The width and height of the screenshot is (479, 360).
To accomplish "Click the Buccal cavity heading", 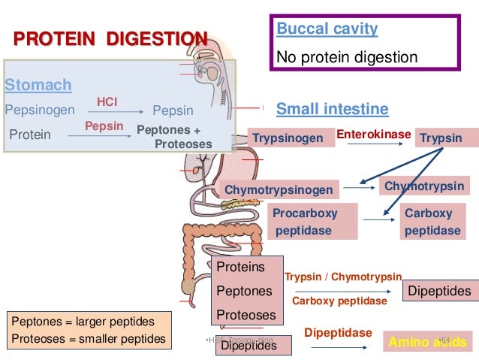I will point(327,30).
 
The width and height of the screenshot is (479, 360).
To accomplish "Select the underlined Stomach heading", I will point(38,84).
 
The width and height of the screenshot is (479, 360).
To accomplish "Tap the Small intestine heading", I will point(332,110).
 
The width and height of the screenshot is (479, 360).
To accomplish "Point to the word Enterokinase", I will point(373,135).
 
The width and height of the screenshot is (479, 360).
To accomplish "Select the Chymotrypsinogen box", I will point(279,190).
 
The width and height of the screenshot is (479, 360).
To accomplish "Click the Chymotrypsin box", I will point(424,186).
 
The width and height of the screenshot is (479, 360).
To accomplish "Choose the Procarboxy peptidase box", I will point(308,222).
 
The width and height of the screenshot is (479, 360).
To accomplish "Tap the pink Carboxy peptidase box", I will point(432,222).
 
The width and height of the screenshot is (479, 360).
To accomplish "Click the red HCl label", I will point(107,101).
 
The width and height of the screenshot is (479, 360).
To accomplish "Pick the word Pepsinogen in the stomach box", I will point(40,110).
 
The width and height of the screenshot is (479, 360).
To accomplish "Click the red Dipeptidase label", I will point(338,331).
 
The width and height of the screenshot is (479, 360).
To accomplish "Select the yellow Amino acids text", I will point(426,343).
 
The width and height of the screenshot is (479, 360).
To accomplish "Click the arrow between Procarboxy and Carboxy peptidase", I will point(378,219).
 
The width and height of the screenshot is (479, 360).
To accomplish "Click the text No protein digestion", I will point(348,57).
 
